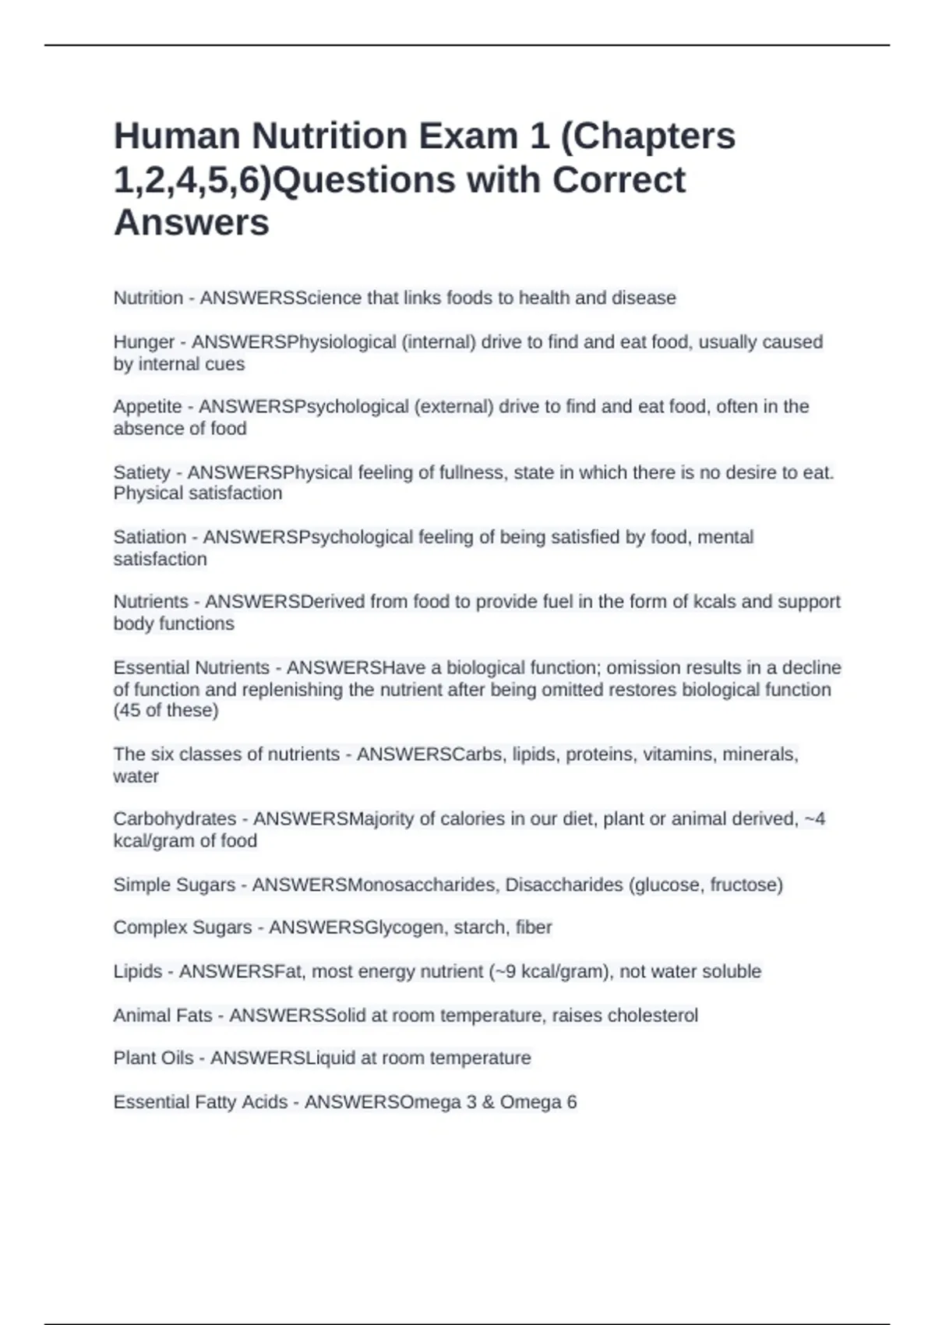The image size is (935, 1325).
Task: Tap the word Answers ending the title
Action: tap(192, 222)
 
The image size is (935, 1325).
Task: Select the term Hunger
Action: tap(144, 342)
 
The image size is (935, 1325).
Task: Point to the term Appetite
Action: tap(147, 407)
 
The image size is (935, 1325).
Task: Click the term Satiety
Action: tap(142, 472)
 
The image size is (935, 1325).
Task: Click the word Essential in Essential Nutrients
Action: tap(152, 668)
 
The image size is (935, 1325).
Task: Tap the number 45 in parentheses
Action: tap(131, 710)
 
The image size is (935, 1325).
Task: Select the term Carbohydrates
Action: tap(175, 819)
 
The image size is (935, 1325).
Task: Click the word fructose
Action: tap(746, 885)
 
